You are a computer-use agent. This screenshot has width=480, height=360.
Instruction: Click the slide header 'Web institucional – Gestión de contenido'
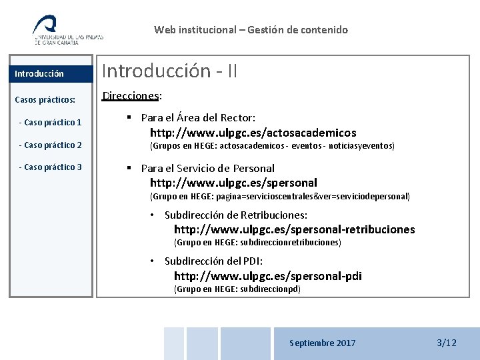pos(251,29)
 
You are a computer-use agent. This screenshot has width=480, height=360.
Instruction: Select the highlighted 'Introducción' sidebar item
pos(39,74)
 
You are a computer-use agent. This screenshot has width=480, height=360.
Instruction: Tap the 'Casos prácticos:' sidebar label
pos(45,100)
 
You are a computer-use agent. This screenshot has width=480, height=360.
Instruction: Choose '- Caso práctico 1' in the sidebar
pos(51,123)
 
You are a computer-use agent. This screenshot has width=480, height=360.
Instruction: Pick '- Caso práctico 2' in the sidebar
pos(51,145)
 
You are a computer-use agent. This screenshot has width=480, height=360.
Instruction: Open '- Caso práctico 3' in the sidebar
pos(51,167)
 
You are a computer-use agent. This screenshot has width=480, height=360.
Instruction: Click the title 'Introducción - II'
pos(169,71)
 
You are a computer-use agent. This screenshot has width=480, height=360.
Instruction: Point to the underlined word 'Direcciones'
pos(131,95)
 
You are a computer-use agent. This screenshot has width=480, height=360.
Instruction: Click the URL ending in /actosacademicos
pos(253,133)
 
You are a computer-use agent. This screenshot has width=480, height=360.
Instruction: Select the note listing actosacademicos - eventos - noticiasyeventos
pos(272,145)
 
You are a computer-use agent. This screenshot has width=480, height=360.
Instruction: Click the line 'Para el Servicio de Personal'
pos(207,168)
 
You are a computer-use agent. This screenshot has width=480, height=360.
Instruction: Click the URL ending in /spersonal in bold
pos(233,183)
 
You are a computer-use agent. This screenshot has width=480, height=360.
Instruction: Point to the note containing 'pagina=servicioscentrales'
pos(280,197)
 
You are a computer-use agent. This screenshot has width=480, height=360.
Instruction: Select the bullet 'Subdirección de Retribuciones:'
pos(235,215)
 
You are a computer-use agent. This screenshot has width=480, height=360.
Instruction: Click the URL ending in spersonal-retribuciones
pos(294,229)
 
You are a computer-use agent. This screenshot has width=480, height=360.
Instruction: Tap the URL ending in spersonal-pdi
pos(267,276)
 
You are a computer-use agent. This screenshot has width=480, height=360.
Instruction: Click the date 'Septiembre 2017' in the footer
pos(322,343)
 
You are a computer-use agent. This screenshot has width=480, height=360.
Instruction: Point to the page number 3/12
pos(446,343)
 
